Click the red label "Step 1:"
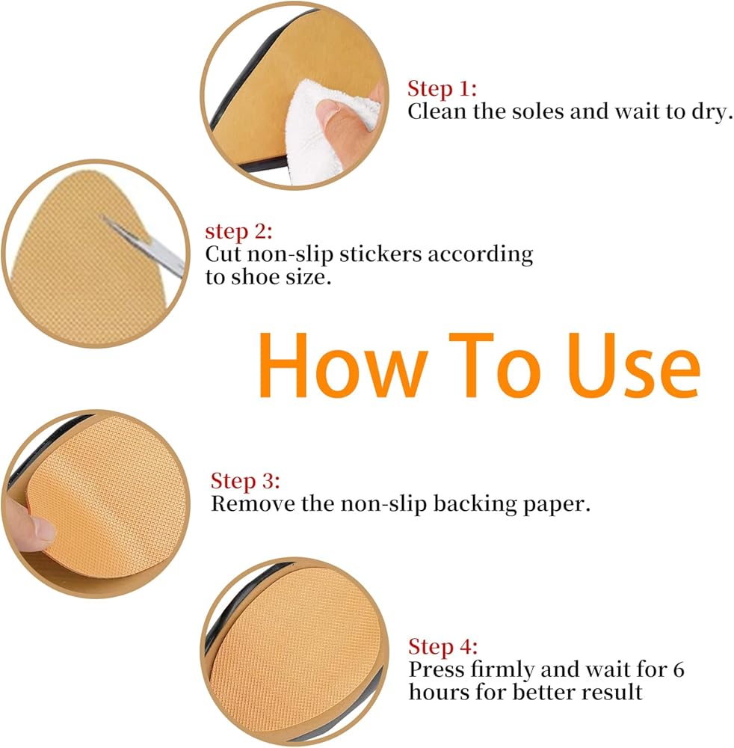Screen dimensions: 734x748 [442, 89]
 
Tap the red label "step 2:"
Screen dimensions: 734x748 [238, 232]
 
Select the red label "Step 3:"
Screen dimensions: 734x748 [245, 481]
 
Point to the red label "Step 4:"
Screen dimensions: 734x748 [442, 647]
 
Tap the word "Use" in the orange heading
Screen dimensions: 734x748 [634, 365]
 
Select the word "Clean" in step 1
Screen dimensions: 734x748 [437, 111]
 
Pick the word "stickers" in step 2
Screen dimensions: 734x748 [380, 254]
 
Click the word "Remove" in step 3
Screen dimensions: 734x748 [253, 503]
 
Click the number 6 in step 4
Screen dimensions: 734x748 [679, 669]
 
